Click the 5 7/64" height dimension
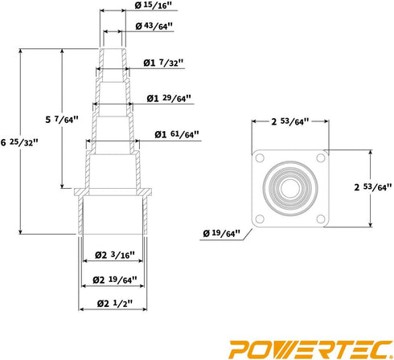tap(61, 120)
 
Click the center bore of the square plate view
tap(290, 188)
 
